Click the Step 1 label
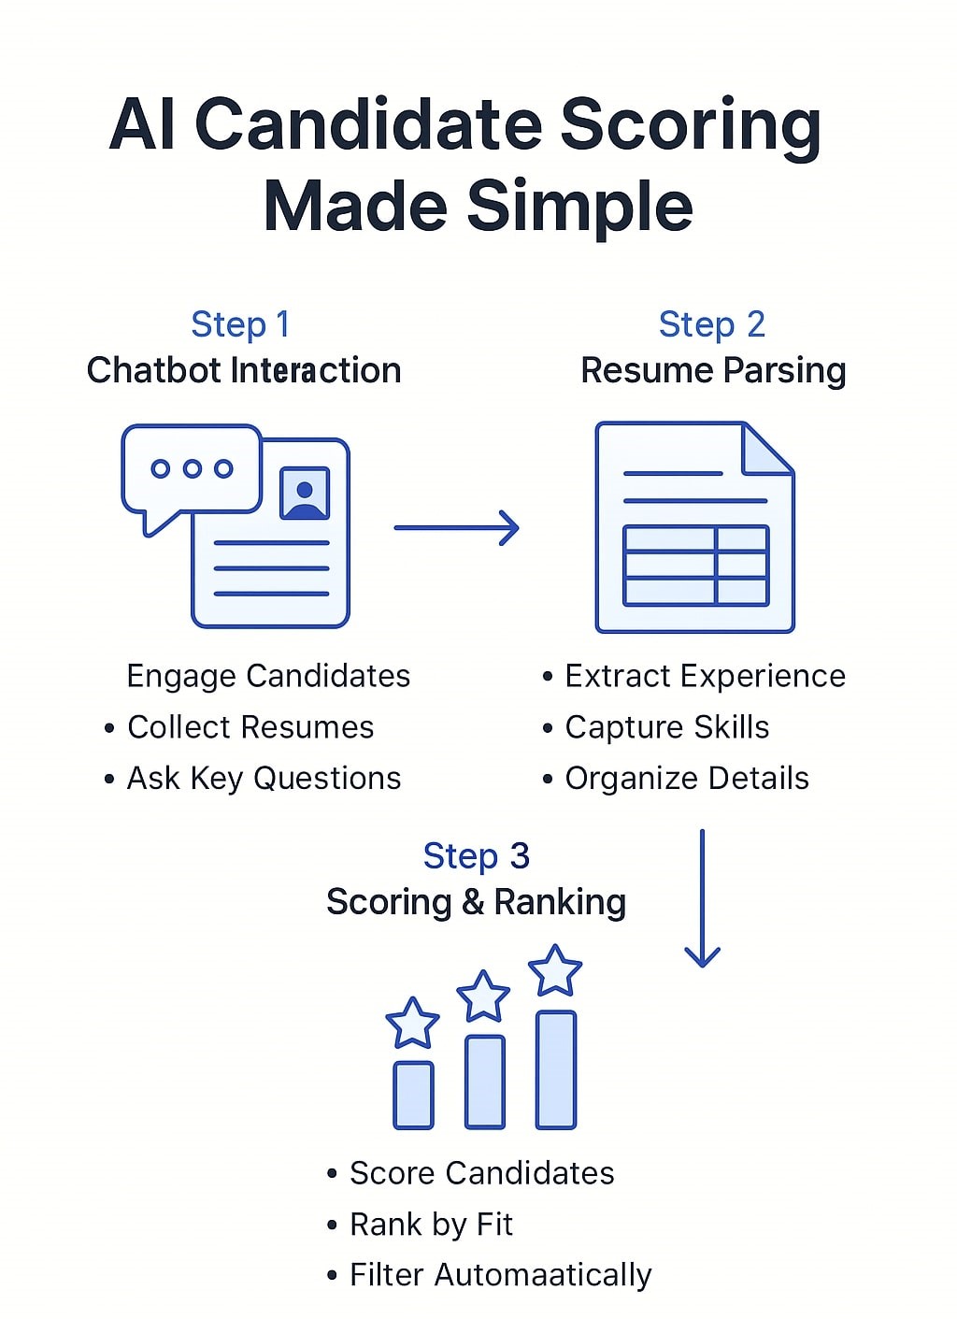[x=240, y=324]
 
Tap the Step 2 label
[x=711, y=324]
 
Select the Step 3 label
[x=476, y=856]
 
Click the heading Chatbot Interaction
[x=244, y=370]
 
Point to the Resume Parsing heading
[x=713, y=370]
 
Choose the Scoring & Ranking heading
[x=476, y=902]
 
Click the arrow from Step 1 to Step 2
[x=456, y=528]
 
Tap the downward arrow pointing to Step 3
[x=702, y=897]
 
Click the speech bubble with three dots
[x=192, y=470]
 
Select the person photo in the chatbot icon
[x=305, y=493]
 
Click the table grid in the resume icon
[x=695, y=566]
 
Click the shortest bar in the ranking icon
[x=413, y=1095]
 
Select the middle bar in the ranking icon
[x=484, y=1081]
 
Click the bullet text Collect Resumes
[x=250, y=727]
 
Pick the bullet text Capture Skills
[x=667, y=727]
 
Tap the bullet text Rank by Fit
[x=431, y=1225]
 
